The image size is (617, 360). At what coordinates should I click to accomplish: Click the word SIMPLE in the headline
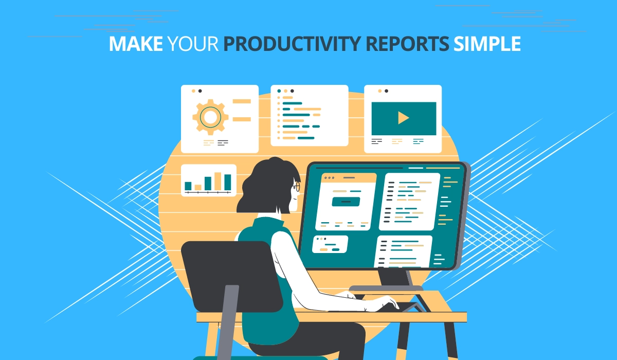[487, 44]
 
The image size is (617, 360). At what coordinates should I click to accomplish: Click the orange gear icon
[210, 117]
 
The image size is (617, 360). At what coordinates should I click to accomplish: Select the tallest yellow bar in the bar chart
[217, 181]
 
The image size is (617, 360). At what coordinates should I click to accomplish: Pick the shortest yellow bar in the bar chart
[198, 187]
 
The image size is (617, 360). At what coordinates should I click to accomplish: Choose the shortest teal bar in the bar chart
[188, 186]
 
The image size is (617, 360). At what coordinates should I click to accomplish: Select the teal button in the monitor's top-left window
[346, 201]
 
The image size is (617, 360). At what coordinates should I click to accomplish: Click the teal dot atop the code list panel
[279, 91]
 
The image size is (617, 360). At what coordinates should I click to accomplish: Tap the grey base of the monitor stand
[386, 288]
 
